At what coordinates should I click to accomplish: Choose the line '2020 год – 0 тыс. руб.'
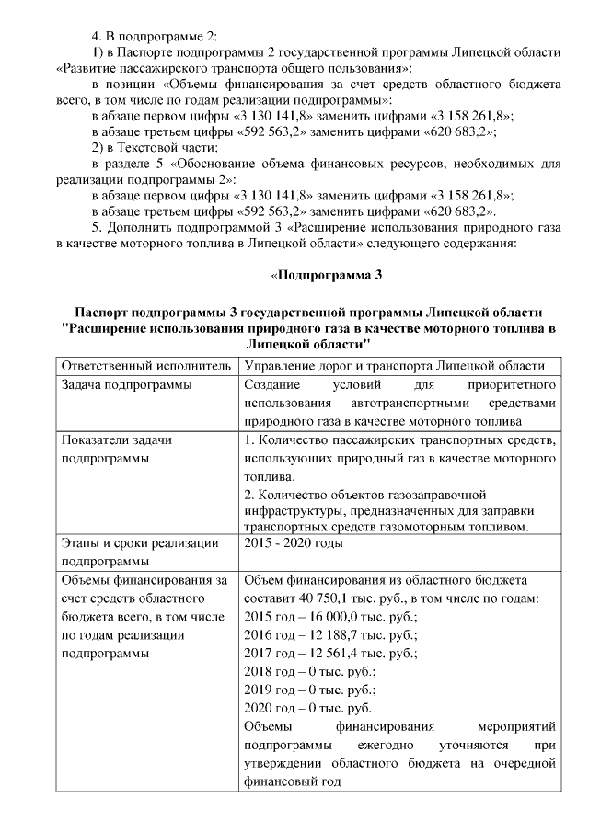(x=309, y=708)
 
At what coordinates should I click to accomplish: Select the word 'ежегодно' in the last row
(x=392, y=745)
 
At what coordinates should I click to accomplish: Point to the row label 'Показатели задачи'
(x=117, y=440)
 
